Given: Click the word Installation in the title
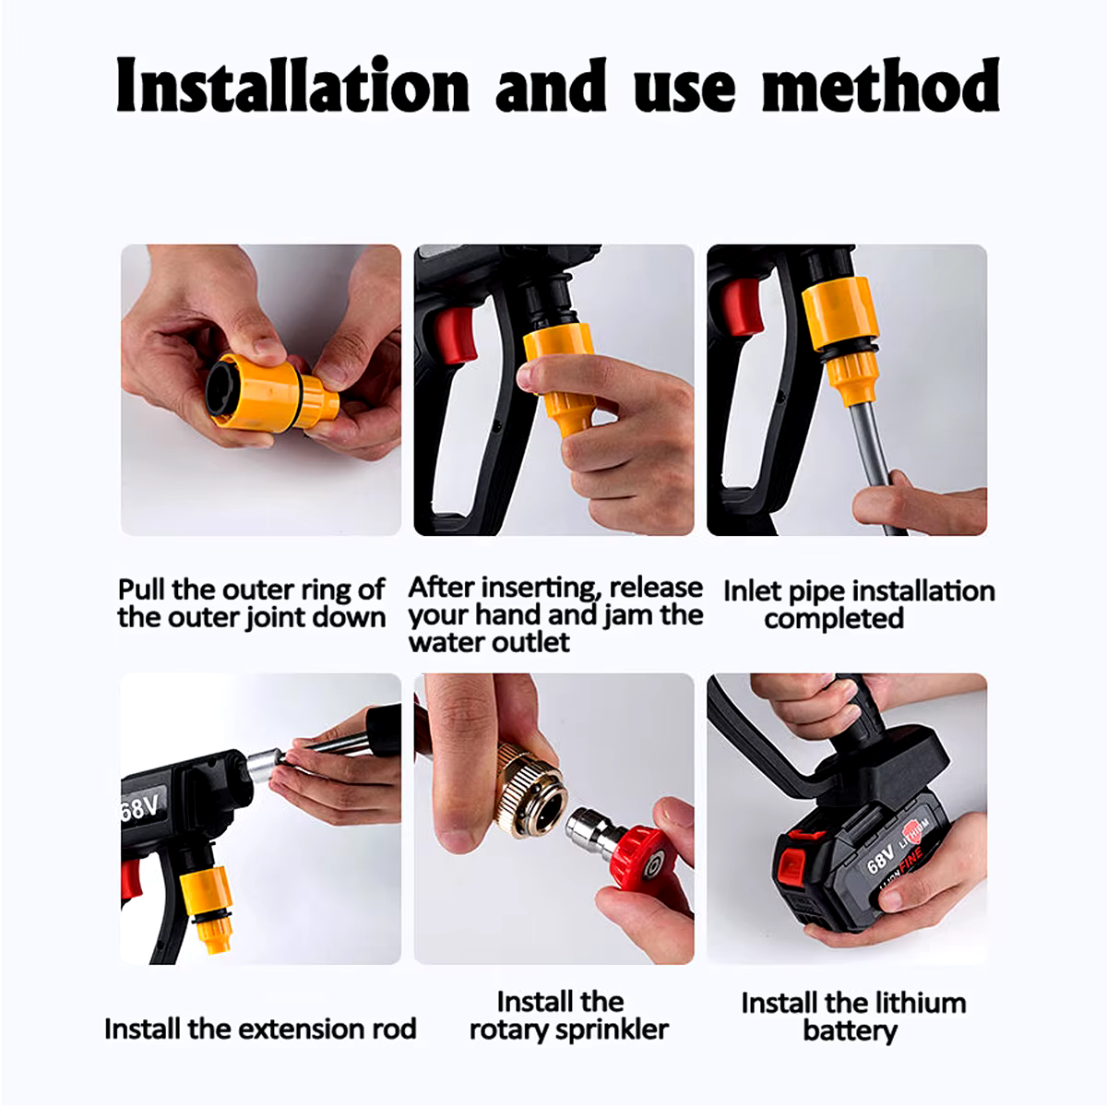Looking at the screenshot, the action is tap(293, 85).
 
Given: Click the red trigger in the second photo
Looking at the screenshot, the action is tap(455, 337).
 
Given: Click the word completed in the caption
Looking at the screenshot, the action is tap(834, 619).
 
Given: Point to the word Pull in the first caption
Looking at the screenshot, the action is tap(141, 589).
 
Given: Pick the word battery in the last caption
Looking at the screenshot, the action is tap(851, 1030).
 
